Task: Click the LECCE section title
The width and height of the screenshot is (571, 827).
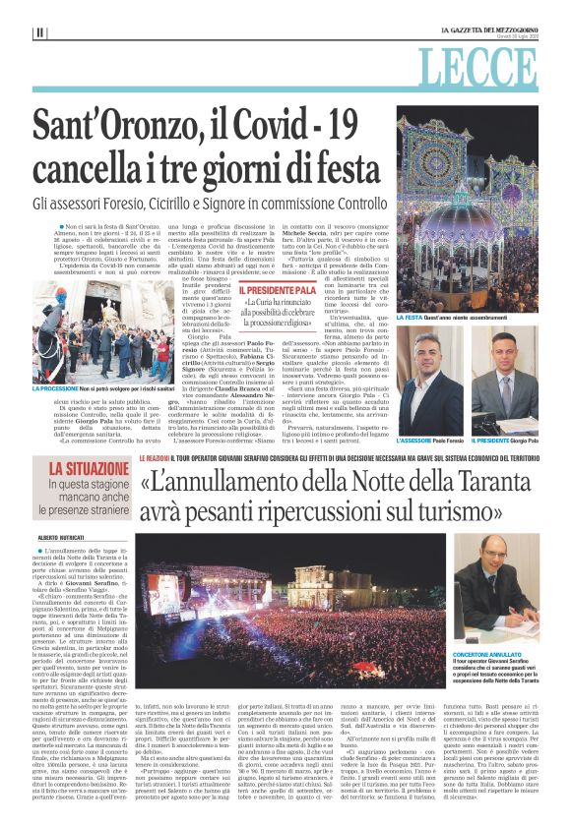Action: [491, 68]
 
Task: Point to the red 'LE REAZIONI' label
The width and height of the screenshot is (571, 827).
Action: [157, 458]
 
